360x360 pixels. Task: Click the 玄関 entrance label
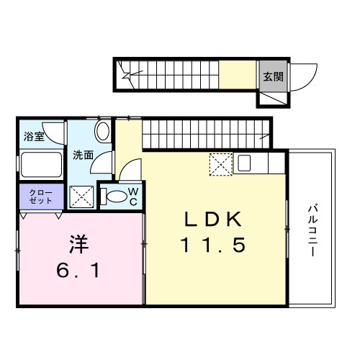click(271, 76)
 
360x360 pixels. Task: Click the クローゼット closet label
click(41, 196)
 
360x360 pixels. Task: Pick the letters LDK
click(212, 219)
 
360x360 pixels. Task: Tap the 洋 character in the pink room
click(78, 246)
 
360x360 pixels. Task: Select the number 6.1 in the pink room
click(79, 271)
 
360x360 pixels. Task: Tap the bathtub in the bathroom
click(41, 165)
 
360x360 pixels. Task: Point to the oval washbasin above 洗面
click(102, 132)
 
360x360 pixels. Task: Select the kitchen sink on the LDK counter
click(243, 163)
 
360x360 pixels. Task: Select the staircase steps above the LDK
click(205, 133)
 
